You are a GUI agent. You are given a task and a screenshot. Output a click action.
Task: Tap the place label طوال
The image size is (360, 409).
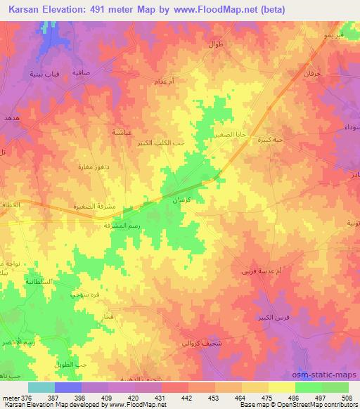pos(215,44)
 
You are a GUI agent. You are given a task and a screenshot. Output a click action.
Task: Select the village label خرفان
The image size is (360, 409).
pos(311,73)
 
